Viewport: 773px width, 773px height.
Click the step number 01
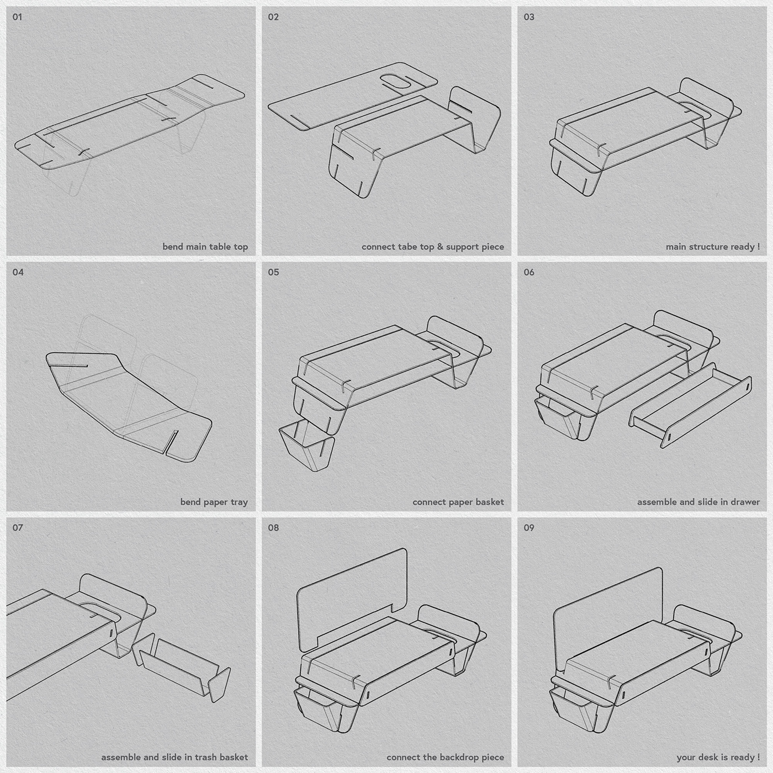18,17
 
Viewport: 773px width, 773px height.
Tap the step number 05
273,272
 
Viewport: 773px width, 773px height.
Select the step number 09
529,528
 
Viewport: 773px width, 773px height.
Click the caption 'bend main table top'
205,247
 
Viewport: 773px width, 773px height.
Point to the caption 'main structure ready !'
712,247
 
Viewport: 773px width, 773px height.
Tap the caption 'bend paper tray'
214,502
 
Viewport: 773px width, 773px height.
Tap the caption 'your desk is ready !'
718,758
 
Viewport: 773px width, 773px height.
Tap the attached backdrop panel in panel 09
607,613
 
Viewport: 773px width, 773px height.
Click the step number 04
18,272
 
